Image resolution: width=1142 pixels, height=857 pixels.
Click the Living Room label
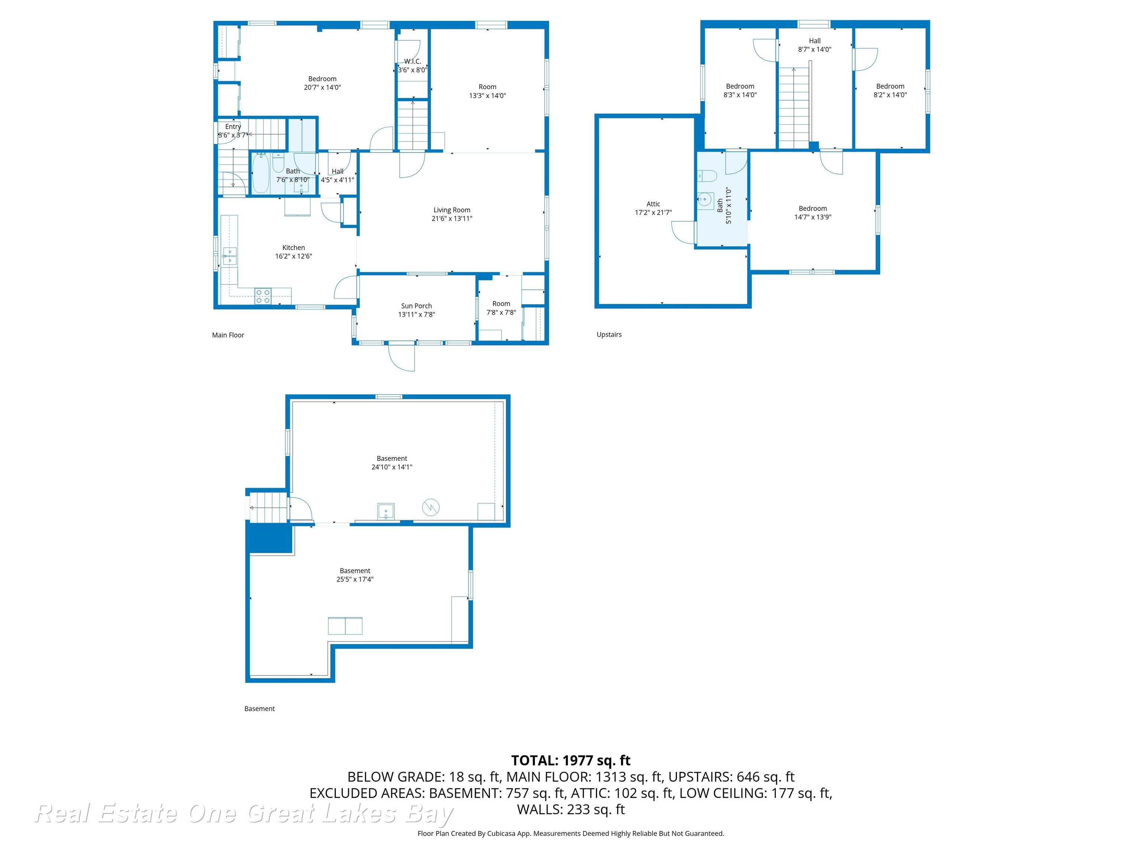pyautogui.click(x=452, y=210)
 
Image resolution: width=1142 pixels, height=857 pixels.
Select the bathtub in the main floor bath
pyautogui.click(x=261, y=173)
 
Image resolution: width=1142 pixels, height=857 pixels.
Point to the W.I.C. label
pyautogui.click(x=413, y=61)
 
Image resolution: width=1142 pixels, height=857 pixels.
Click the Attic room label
pyautogui.click(x=653, y=204)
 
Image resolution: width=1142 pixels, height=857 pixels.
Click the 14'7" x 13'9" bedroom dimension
pyautogui.click(x=813, y=217)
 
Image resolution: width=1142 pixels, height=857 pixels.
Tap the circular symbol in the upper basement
pyautogui.click(x=430, y=507)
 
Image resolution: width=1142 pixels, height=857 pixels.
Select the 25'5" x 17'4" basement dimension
pyautogui.click(x=355, y=579)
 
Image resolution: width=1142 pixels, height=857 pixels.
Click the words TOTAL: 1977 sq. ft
pyautogui.click(x=571, y=760)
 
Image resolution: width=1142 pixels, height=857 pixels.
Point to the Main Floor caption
pyautogui.click(x=228, y=335)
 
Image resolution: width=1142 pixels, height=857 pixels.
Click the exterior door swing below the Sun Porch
pyautogui.click(x=402, y=357)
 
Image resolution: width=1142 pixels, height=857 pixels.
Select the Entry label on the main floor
pyautogui.click(x=233, y=126)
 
